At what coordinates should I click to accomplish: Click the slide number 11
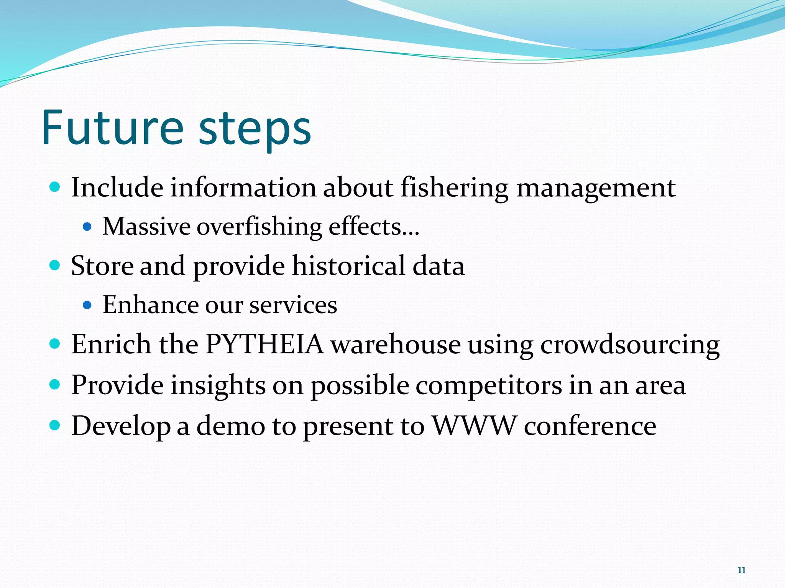741,570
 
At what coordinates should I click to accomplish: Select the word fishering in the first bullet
455,188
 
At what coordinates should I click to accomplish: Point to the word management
596,188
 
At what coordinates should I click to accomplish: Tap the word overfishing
259,226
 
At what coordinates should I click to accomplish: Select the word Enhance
150,305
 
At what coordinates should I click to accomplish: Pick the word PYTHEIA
264,344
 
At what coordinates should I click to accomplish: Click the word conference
590,426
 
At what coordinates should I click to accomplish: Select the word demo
230,426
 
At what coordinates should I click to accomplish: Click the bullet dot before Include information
55,187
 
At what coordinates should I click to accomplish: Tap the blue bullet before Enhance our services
87,305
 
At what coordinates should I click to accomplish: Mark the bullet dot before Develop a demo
55,425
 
